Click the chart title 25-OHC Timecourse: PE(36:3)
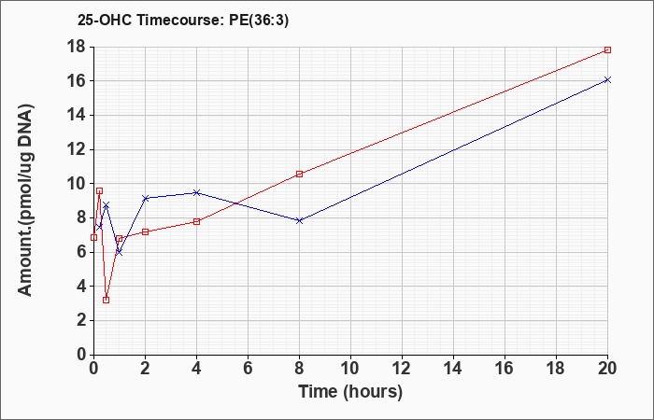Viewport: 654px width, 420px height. (183, 21)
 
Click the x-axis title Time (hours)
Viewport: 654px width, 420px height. (350, 392)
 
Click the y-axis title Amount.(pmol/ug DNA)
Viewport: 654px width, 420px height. (26, 200)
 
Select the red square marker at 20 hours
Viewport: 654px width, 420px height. (607, 50)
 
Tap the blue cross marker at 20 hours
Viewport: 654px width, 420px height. (607, 79)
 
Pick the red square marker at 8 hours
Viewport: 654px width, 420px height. (300, 175)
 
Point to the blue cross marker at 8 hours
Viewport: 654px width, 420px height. (300, 220)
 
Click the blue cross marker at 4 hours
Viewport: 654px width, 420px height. (197, 192)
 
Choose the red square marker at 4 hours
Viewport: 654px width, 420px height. (197, 222)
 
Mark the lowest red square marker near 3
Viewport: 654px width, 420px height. (106, 300)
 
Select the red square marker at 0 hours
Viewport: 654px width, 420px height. (93, 237)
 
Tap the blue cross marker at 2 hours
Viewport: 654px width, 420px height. (145, 198)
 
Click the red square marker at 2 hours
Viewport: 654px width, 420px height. (145, 231)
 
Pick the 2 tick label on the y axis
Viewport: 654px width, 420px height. (83, 320)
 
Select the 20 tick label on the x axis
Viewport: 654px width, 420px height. (607, 369)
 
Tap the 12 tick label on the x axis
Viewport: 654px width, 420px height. (402, 369)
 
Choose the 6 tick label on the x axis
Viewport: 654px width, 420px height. (248, 369)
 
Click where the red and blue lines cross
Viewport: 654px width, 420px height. (237, 203)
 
